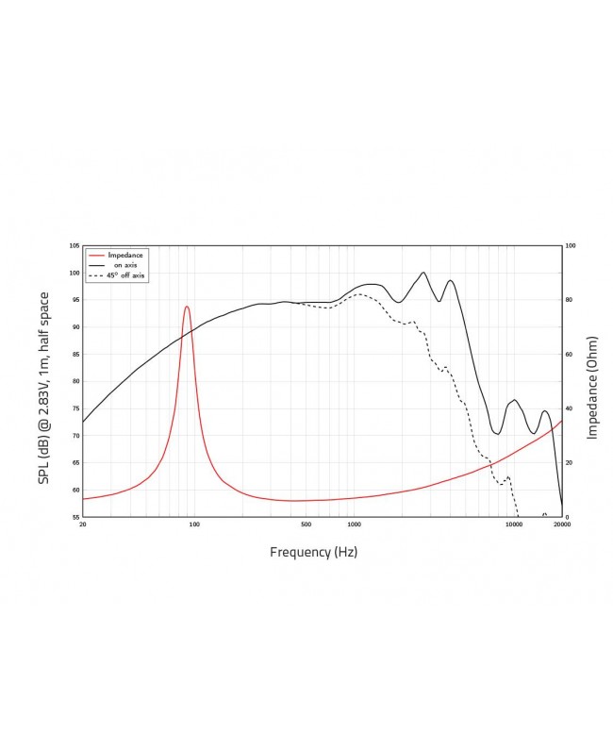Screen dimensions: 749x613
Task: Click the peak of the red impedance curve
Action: (187, 307)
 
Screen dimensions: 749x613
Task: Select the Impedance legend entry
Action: (124, 255)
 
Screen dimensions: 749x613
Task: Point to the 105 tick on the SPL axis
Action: (74, 245)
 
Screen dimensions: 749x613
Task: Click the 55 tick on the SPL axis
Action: (75, 518)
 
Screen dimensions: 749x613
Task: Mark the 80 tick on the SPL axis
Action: (75, 382)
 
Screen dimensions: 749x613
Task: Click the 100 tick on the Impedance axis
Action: (571, 245)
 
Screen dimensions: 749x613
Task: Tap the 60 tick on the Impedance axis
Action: (570, 355)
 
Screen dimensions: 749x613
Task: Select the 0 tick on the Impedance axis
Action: (567, 518)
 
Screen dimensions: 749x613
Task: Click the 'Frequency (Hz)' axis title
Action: (313, 552)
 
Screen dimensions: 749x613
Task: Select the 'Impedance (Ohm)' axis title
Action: (592, 387)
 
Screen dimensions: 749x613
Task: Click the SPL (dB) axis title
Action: (44, 387)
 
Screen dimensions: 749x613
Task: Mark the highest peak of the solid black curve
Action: (423, 273)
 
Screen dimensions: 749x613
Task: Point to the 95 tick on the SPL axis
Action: (75, 300)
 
